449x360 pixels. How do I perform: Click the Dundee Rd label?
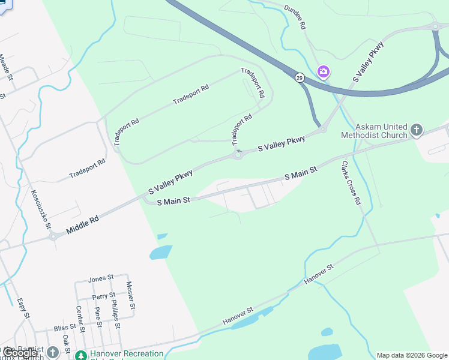point(295,18)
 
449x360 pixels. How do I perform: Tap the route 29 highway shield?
point(300,77)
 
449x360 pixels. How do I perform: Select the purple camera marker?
point(324,73)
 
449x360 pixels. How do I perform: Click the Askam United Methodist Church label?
point(382,131)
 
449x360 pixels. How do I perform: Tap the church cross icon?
point(417,129)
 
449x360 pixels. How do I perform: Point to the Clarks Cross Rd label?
point(351,183)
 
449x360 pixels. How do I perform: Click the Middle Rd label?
point(82,221)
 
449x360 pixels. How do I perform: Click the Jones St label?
point(101,278)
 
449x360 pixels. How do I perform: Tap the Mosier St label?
point(130,296)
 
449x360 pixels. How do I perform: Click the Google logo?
point(19,353)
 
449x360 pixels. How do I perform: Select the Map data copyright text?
point(412,355)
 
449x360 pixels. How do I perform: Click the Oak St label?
point(65,343)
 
